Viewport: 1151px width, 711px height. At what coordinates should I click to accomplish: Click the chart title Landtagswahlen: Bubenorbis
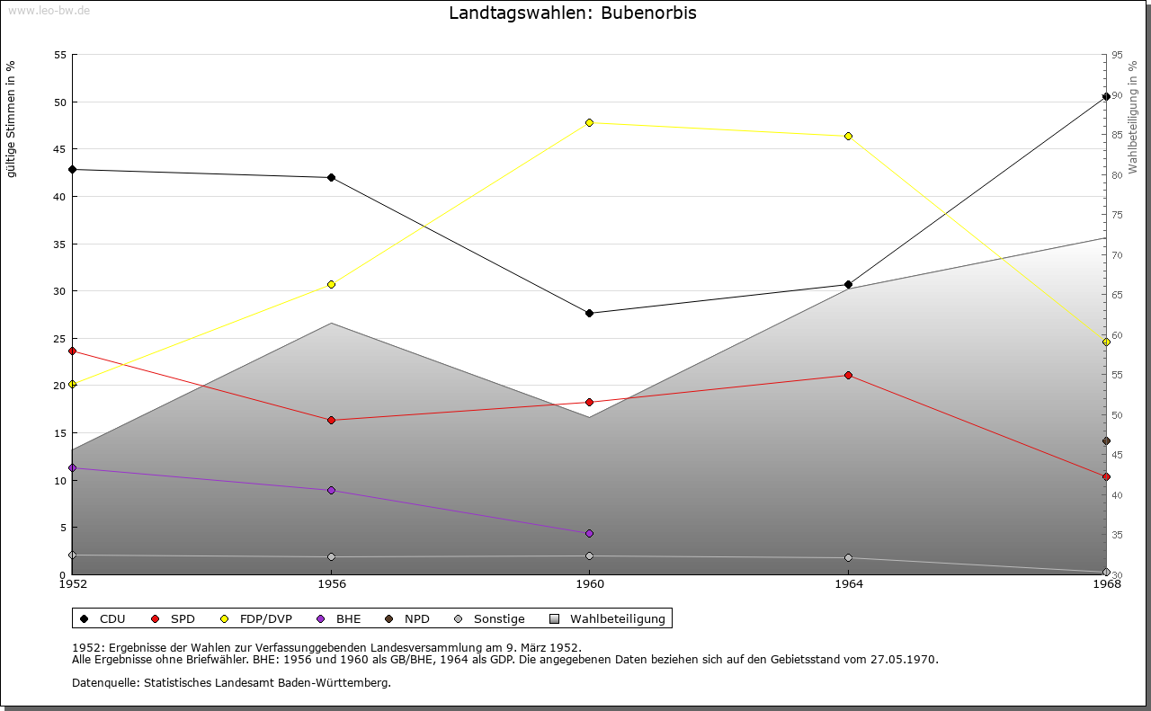572,13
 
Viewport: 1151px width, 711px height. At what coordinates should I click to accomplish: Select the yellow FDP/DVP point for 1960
589,122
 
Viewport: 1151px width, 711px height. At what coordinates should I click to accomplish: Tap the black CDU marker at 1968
1106,96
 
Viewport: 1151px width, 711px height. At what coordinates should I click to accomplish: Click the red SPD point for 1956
331,420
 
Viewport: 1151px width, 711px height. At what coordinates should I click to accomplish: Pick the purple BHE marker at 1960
589,533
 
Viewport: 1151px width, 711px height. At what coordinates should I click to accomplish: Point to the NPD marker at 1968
1106,440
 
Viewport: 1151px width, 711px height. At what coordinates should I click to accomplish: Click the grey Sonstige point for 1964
848,557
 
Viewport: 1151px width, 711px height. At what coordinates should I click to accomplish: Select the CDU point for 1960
589,313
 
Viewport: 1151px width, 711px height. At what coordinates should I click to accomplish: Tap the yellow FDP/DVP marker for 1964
848,136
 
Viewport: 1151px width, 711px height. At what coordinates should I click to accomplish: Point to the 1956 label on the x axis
331,584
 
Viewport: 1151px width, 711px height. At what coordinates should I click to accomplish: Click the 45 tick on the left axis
60,149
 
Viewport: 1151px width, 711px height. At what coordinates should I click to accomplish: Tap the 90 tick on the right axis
1117,95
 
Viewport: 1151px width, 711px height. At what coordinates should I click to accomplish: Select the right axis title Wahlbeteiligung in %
1133,117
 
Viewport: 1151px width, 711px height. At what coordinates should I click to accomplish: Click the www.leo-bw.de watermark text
48,10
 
